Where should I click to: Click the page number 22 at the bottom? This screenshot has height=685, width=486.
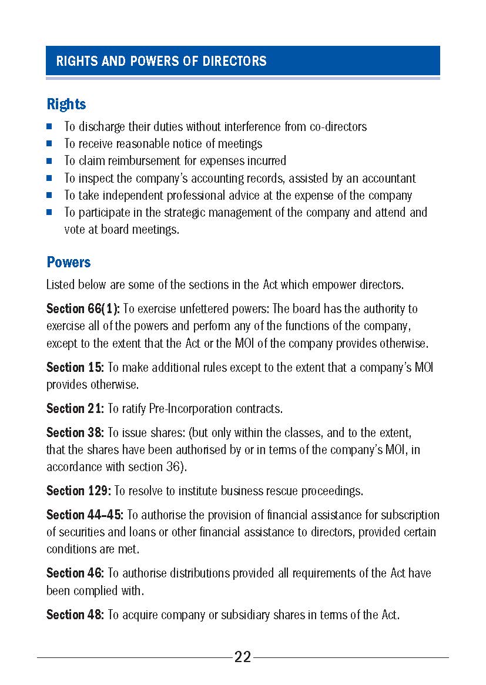pos(243,657)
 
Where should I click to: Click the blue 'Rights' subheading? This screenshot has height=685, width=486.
pos(66,105)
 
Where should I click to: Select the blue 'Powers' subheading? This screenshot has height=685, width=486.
pos(69,262)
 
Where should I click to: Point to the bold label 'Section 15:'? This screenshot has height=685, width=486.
pos(75,368)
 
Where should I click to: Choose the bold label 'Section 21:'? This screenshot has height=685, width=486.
pos(75,409)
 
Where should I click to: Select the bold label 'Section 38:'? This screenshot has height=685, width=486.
pos(75,433)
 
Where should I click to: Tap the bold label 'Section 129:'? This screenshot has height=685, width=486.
pos(79,491)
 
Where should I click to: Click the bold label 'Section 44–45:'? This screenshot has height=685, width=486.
pos(85,515)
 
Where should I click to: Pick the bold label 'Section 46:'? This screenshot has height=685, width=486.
pos(75,573)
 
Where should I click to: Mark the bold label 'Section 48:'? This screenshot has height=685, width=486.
pos(75,615)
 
